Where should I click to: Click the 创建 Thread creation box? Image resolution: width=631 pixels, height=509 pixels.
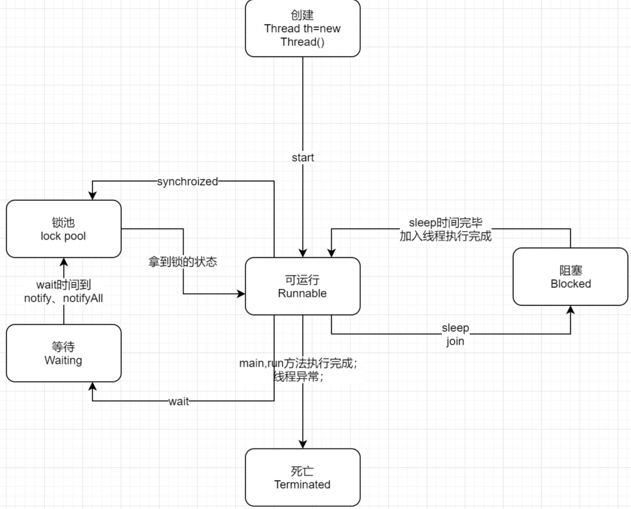[302, 29]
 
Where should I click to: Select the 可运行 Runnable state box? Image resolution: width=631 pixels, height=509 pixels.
[302, 286]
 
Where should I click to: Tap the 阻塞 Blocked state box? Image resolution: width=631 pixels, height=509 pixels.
[570, 277]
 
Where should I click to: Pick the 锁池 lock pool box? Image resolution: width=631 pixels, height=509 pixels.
[63, 229]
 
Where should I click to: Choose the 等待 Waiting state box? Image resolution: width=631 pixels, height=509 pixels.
[63, 353]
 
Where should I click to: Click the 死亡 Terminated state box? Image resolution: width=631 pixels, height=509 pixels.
[302, 477]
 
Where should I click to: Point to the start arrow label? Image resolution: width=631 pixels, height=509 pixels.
[302, 158]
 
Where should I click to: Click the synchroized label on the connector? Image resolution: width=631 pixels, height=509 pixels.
[187, 181]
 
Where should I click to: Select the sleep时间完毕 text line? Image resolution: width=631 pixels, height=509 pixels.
[445, 224]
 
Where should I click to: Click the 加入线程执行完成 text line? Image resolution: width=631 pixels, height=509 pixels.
[445, 237]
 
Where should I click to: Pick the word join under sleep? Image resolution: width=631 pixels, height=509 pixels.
[455, 341]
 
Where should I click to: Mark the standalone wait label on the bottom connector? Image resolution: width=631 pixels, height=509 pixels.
[179, 401]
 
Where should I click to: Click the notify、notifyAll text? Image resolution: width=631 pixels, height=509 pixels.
[64, 297]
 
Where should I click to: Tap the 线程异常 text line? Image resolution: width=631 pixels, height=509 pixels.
[298, 376]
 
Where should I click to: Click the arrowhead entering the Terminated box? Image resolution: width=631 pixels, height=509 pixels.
[303, 444]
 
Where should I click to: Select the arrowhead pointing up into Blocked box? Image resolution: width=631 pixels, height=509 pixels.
[570, 309]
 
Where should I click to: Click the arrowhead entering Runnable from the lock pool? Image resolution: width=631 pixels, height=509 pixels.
[241, 294]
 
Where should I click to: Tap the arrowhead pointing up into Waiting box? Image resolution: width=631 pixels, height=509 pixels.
[92, 386]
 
